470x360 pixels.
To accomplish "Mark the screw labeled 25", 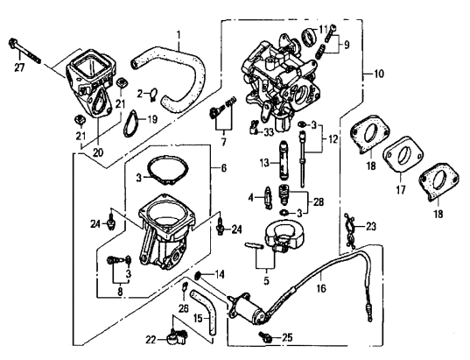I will coord(264,335).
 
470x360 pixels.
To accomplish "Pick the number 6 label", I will coord(224,167).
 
